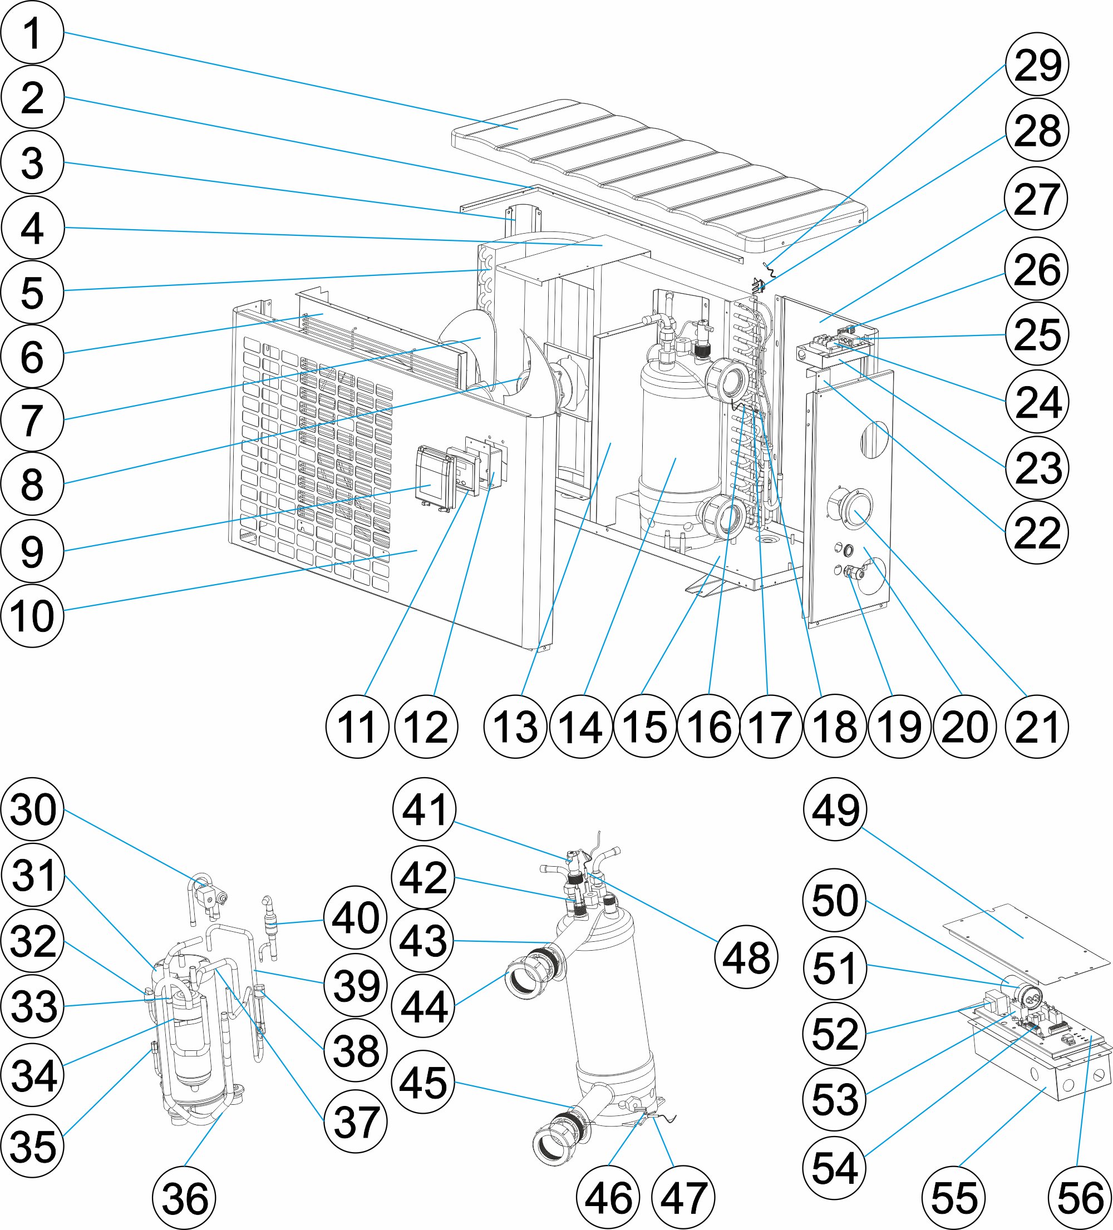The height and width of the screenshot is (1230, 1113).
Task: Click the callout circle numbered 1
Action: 32,32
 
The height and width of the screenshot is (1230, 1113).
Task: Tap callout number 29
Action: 1037,64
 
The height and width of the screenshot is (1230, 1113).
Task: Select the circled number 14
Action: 581,726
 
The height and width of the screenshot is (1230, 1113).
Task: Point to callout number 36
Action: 184,1198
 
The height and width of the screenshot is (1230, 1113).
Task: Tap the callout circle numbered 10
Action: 32,616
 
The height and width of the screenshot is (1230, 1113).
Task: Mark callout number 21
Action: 1037,726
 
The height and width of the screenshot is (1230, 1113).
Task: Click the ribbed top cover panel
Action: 659,177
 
